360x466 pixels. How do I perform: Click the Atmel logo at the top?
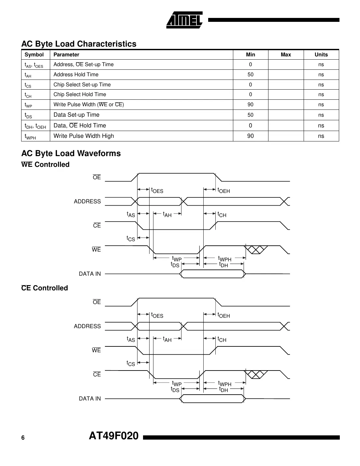tap(185, 20)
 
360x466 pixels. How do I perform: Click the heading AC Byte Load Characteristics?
tap(79, 44)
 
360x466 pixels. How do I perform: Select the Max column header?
tap(286, 55)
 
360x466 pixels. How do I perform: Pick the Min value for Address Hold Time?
tap(250, 75)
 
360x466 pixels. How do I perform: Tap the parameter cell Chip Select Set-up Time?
tap(82, 85)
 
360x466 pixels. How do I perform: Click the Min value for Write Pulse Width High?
tap(250, 136)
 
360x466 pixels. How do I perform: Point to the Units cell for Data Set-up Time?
tap(321, 115)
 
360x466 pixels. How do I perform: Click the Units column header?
tap(321, 55)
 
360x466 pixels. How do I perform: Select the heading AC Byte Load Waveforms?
tap(71, 153)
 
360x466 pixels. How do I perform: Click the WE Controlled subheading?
tap(45, 165)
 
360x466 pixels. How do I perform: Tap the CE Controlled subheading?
tap(45, 288)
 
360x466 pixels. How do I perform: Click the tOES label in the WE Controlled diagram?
tap(157, 190)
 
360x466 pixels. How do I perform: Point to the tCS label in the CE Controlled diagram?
tap(131, 363)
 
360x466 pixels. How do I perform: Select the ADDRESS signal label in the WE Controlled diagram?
tap(87, 201)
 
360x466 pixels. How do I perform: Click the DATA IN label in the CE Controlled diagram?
tap(90, 399)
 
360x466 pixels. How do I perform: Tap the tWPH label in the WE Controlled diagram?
tap(224, 259)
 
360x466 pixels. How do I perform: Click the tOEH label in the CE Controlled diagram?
tap(223, 315)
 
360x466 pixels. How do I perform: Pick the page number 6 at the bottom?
tap(23, 438)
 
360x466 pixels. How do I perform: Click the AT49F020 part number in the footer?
tap(114, 436)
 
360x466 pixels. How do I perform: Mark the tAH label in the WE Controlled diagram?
tap(167, 214)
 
